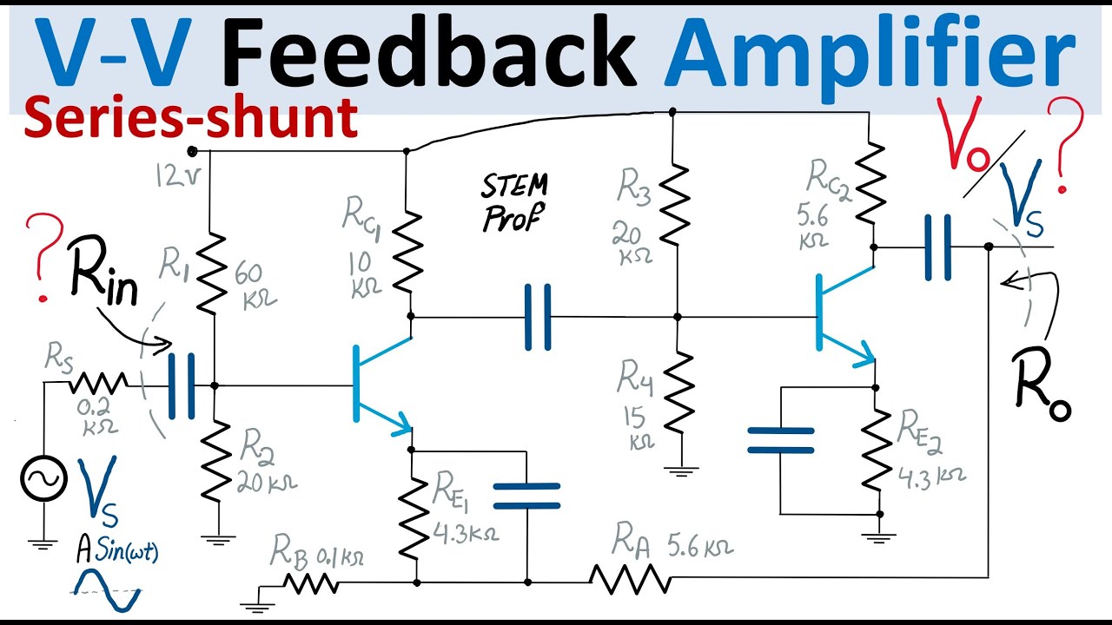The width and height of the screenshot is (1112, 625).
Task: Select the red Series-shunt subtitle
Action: (191, 119)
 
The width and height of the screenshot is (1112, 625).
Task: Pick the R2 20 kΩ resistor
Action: (213, 461)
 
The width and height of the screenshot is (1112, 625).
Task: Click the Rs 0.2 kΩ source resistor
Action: (99, 383)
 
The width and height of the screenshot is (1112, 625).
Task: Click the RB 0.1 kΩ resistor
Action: (310, 583)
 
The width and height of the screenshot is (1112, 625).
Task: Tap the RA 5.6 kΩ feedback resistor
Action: (629, 577)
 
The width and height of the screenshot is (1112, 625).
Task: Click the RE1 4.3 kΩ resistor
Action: (416, 517)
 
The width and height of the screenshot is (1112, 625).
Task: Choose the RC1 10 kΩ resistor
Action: (407, 252)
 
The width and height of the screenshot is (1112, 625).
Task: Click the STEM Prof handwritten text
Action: (515, 201)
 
